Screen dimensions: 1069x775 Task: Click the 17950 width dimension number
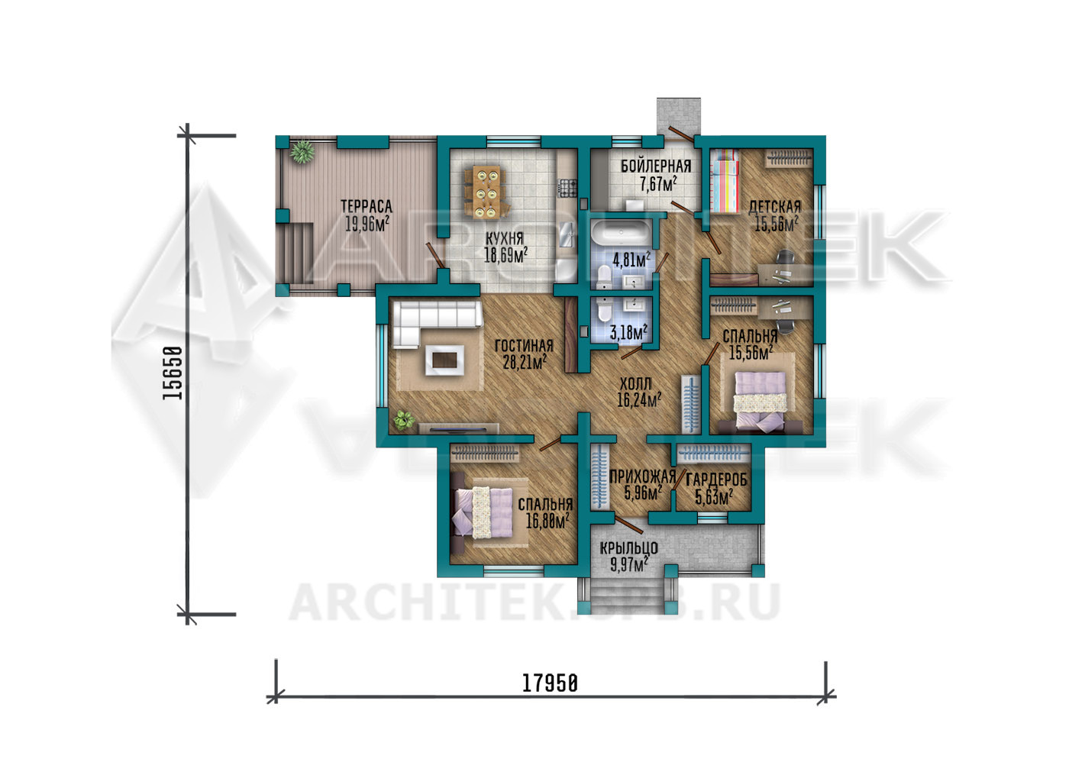pyautogui.click(x=550, y=683)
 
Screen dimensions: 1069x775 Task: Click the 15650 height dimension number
pyautogui.click(x=173, y=373)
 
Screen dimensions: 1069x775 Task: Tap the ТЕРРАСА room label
pyautogui.click(x=366, y=206)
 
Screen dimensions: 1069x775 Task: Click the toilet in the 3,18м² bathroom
pyautogui.click(x=604, y=310)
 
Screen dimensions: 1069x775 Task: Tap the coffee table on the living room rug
pyautogui.click(x=444, y=360)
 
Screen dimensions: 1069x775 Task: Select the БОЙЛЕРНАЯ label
pyautogui.click(x=656, y=166)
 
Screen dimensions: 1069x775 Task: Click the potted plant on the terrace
pyautogui.click(x=302, y=151)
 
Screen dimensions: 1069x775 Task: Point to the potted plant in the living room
pyautogui.click(x=404, y=421)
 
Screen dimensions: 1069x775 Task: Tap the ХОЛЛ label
pyautogui.click(x=635, y=383)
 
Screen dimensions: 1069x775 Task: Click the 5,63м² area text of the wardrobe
pyautogui.click(x=714, y=498)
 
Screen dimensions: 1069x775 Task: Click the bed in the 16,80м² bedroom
pyautogui.click(x=483, y=512)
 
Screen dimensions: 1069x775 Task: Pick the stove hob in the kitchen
pyautogui.click(x=567, y=189)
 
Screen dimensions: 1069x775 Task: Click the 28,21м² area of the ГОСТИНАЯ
pyautogui.click(x=525, y=363)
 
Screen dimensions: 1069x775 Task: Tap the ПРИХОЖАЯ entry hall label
pyautogui.click(x=642, y=476)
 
